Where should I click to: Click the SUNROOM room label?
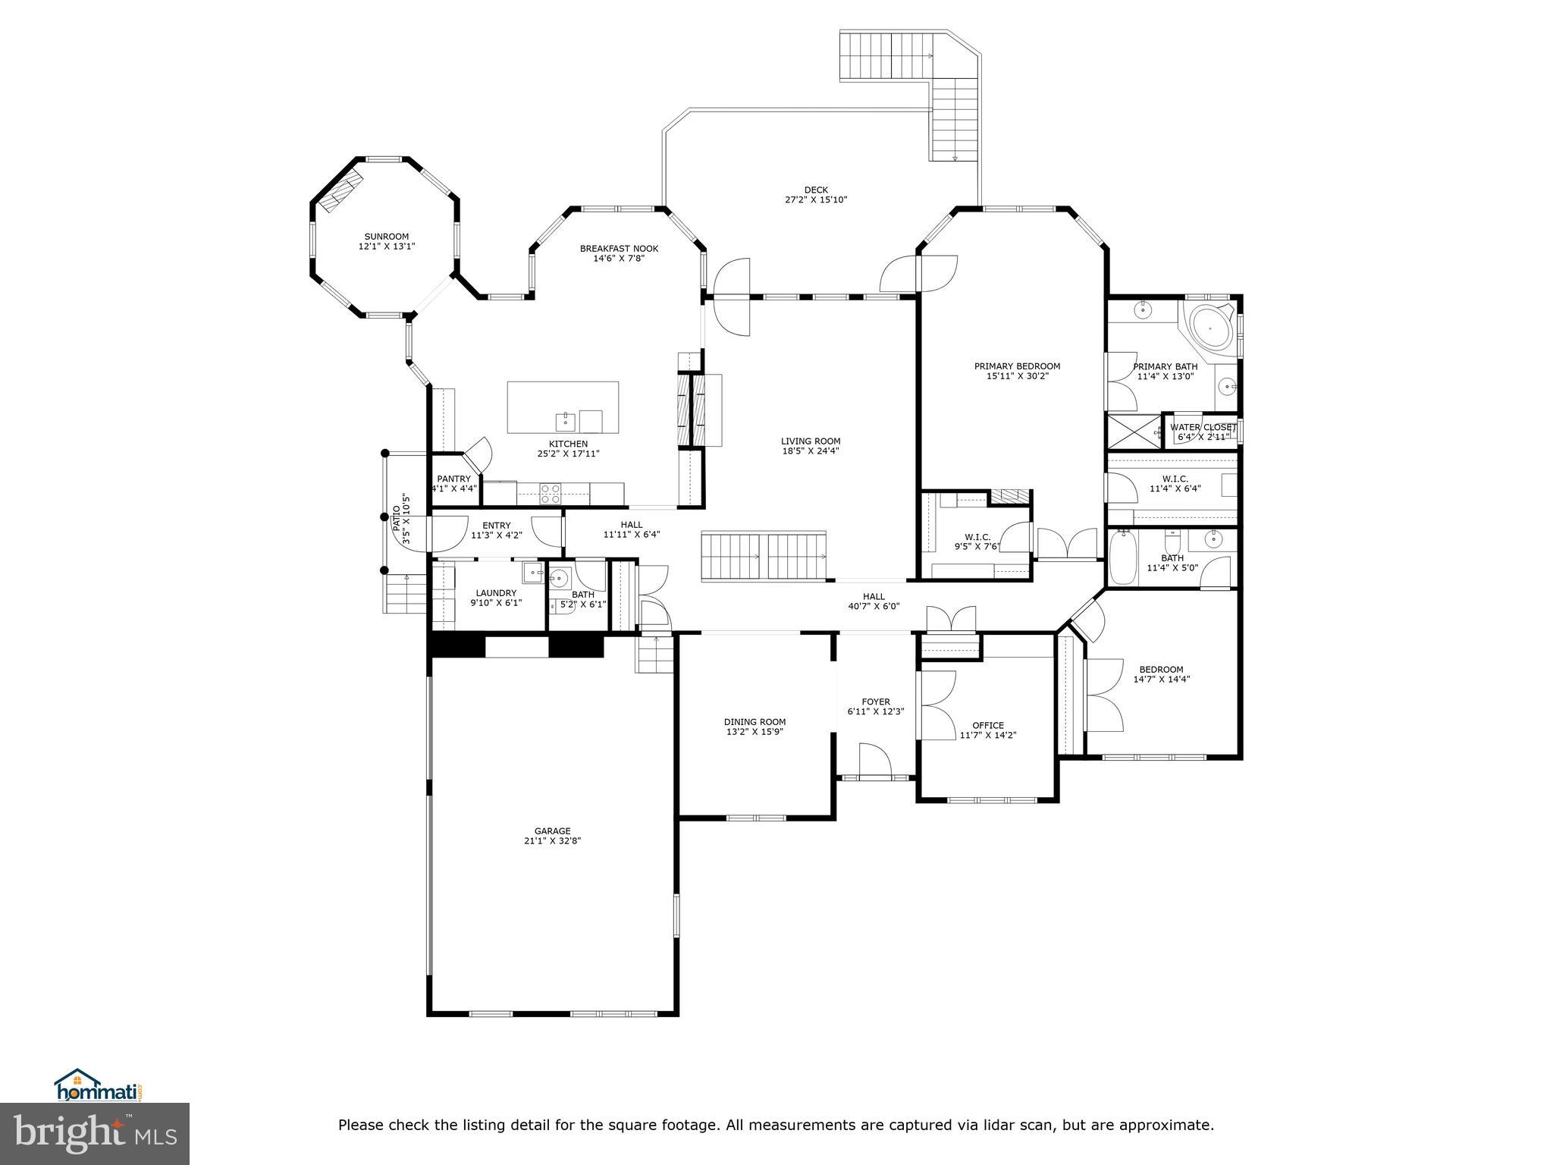tap(387, 237)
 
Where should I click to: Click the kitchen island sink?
tap(565, 419)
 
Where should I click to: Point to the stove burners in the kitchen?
tap(550, 493)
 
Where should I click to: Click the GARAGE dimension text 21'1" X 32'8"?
tap(552, 840)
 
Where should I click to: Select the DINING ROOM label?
tap(755, 722)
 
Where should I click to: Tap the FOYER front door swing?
tap(874, 758)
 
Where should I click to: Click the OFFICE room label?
tap(987, 725)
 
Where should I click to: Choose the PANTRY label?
tap(453, 479)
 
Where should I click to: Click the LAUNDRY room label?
tap(496, 593)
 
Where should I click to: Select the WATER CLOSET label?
tap(1203, 428)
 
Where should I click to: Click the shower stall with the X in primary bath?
tap(1134, 432)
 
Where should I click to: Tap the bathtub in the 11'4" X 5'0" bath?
tap(1121, 557)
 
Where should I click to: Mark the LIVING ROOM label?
tap(811, 441)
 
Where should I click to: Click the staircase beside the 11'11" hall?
tap(763, 556)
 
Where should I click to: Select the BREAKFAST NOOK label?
tap(619, 249)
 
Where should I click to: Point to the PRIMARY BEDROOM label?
tap(1017, 366)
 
